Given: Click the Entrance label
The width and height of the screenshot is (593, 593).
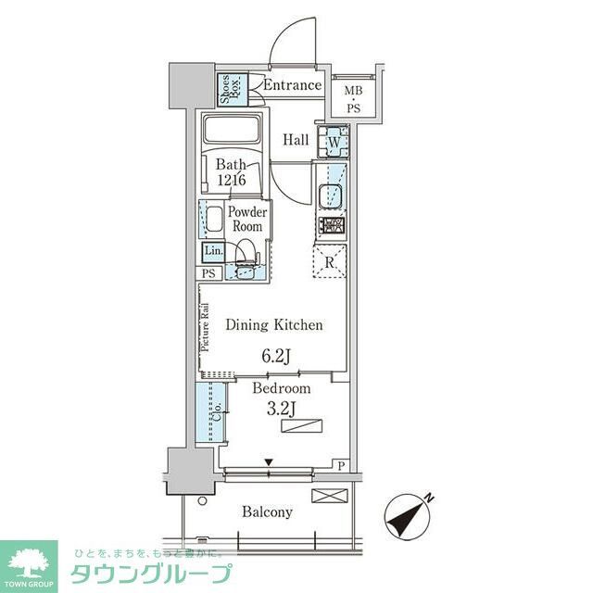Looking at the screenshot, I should pos(292,86).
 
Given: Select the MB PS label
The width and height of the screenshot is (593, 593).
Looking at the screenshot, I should pos(354,97).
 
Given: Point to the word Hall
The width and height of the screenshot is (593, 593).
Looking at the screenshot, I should pos(296,140).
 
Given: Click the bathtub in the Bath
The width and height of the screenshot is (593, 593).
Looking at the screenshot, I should pos(233,131).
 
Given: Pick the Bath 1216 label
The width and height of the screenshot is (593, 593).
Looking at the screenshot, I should pos(232,173).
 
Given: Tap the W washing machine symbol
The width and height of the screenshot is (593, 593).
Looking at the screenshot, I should pos(332,143).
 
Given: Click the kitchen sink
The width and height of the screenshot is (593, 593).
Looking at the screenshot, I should pos(331,196).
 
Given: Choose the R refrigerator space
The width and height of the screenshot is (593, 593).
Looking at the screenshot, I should pos(331,260).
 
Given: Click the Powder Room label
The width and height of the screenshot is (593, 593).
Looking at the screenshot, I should pos(246,220).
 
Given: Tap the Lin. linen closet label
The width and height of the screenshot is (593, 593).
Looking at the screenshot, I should pos(213,251).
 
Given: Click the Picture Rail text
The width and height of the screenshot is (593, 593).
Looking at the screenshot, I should pos(205,327).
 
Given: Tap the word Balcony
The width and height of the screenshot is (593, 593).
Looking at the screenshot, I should pos(268,511).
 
